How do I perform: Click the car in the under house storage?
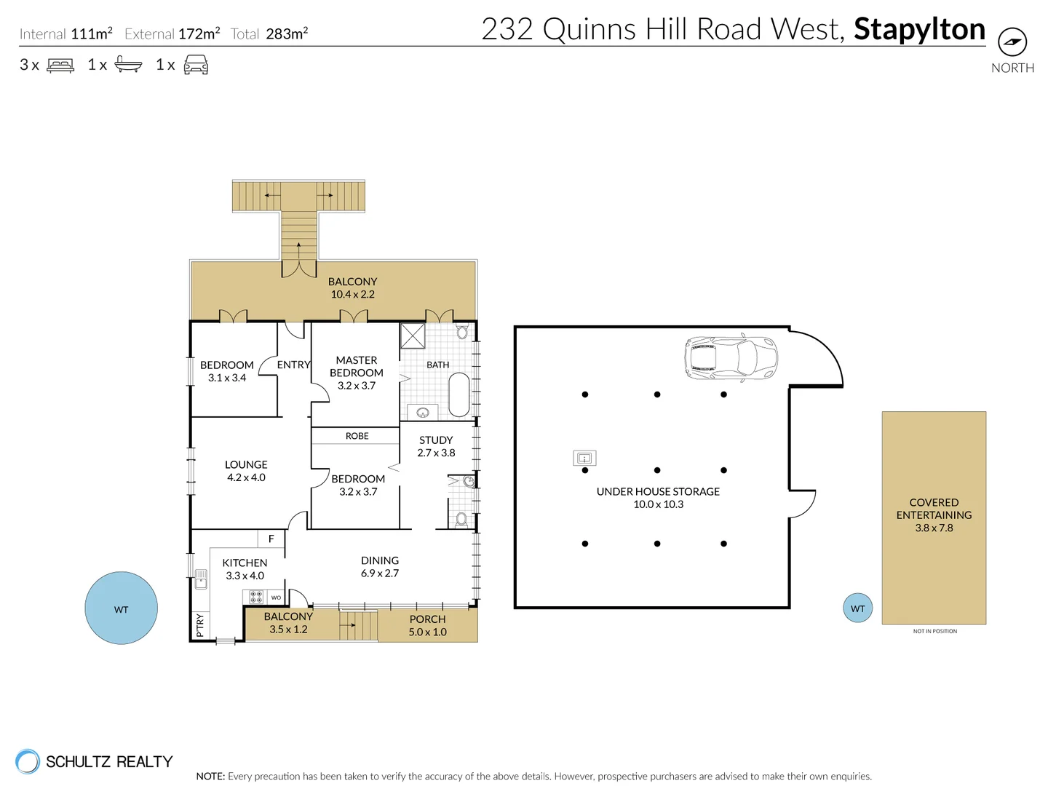click(x=731, y=358)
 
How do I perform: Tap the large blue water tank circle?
click(x=121, y=608)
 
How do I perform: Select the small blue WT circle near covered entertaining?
click(x=857, y=608)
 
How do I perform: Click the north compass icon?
click(x=1012, y=42)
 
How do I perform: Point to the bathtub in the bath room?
click(x=458, y=394)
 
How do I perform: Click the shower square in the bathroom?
click(x=413, y=336)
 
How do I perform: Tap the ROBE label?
click(x=357, y=436)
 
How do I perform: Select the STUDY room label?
click(x=436, y=440)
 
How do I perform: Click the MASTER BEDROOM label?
click(x=357, y=367)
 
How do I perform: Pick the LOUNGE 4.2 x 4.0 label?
click(x=246, y=471)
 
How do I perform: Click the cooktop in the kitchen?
click(x=256, y=597)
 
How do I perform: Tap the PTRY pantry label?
click(x=200, y=624)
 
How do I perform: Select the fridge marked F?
click(x=271, y=539)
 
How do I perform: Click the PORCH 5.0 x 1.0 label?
click(x=427, y=625)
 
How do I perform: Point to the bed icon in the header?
click(x=60, y=65)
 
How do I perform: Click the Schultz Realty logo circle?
click(x=28, y=761)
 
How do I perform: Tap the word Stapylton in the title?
click(x=919, y=29)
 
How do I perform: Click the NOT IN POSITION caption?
click(x=934, y=631)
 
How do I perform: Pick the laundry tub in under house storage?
click(x=584, y=458)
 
